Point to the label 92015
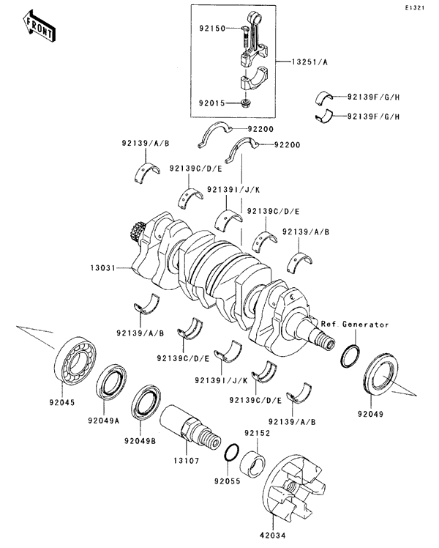211,104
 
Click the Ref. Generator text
353,323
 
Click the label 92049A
104,421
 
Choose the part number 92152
257,434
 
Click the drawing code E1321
419,8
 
